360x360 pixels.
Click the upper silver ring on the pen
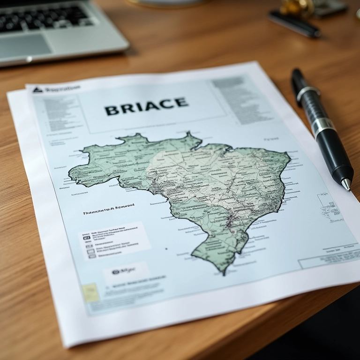click(307, 92)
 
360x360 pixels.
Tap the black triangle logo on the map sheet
click(37, 90)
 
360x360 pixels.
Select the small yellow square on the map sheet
click(90, 292)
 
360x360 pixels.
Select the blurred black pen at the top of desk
click(294, 23)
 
